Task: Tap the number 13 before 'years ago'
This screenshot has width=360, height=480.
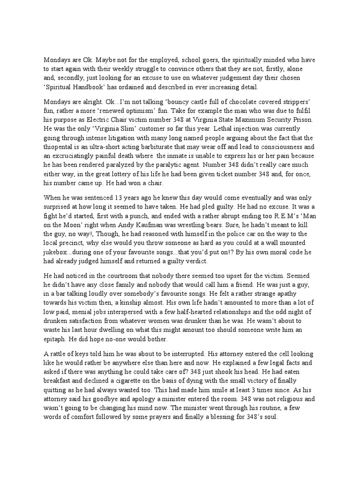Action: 123,198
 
